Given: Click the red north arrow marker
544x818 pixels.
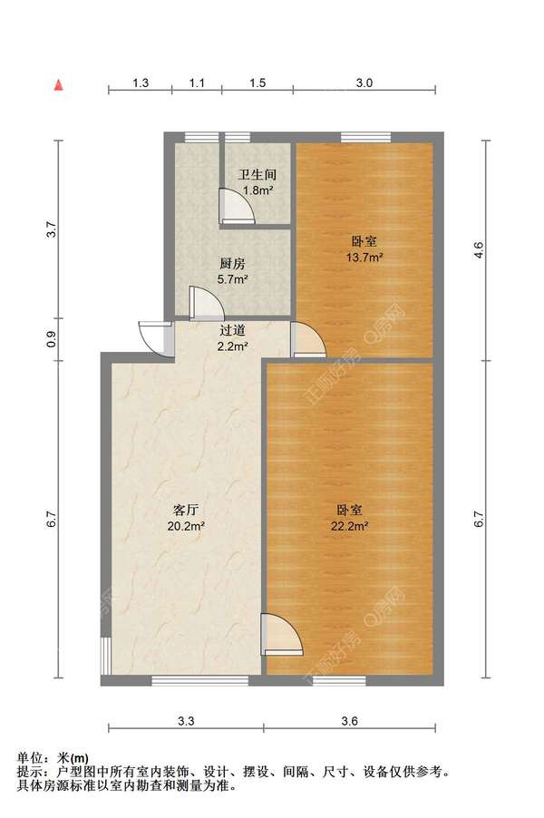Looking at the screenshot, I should [x=58, y=85].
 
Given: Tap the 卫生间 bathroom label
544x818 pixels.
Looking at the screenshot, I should [x=257, y=174].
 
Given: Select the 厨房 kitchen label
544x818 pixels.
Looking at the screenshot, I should [x=232, y=264].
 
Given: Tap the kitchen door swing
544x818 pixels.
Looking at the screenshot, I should [x=201, y=302].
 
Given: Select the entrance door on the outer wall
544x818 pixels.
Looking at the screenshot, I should [x=157, y=337].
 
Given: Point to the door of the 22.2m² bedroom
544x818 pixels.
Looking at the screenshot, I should [x=277, y=634].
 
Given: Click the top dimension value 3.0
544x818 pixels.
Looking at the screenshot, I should [x=364, y=83].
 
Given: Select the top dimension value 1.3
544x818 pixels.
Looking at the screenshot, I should [x=141, y=83].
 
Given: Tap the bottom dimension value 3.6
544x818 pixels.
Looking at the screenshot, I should [x=350, y=722].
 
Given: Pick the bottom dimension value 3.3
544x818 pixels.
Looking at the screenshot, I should [x=186, y=722].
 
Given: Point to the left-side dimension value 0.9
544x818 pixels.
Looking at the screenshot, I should [x=52, y=340].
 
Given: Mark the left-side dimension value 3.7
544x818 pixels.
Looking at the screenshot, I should [x=52, y=229].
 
